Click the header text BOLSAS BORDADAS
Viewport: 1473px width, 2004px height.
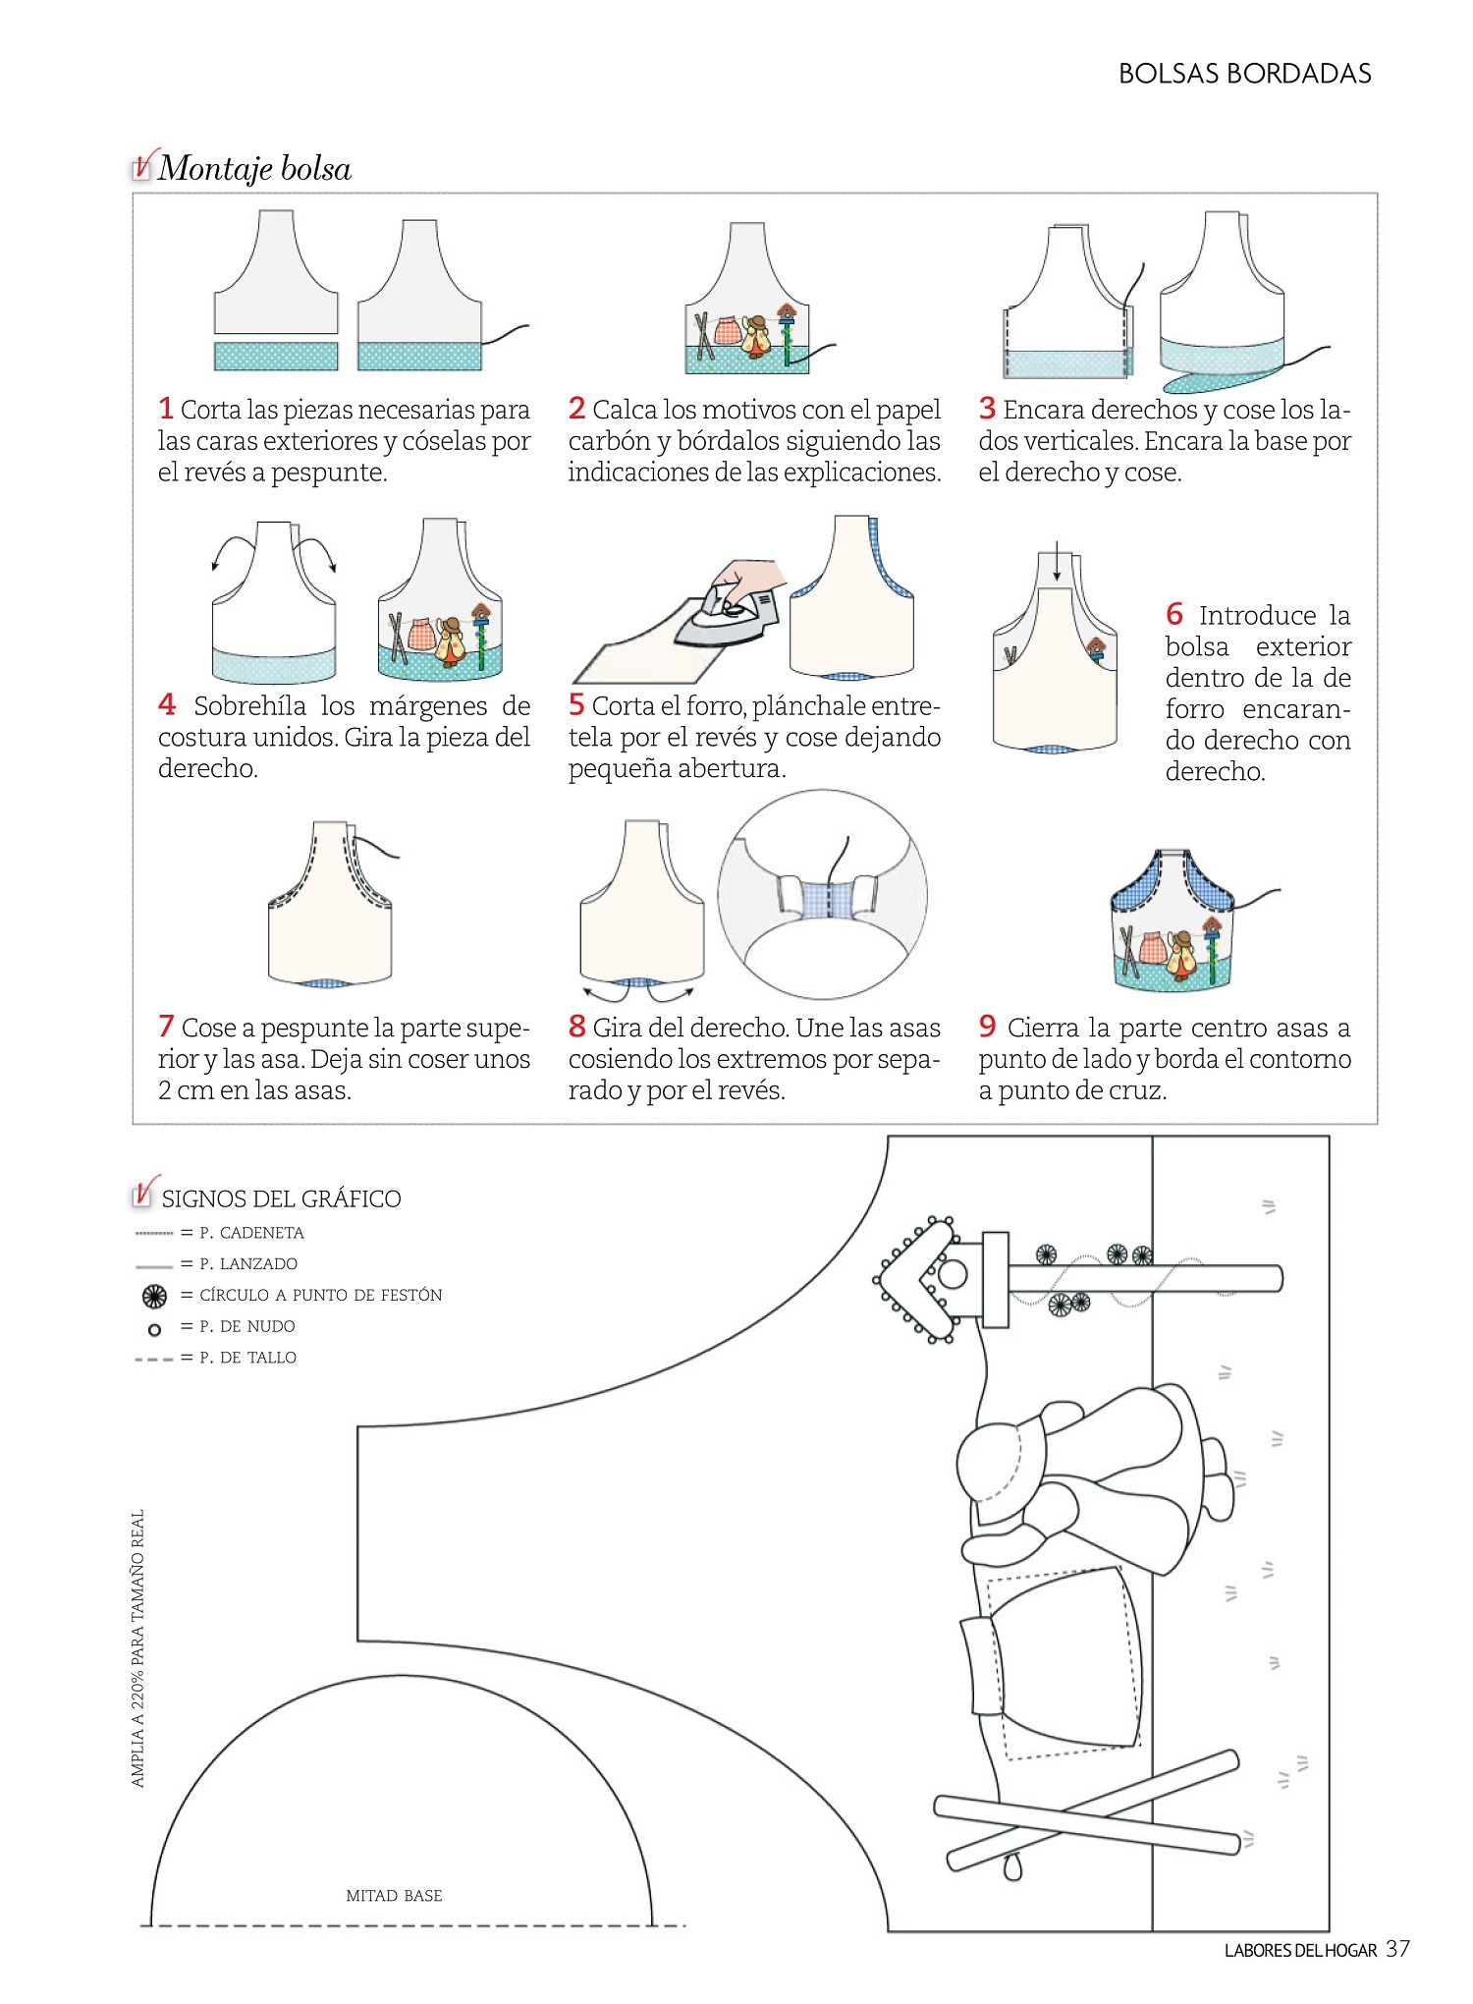point(1244,74)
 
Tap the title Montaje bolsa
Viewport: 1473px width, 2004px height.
point(254,169)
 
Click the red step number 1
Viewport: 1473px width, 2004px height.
point(166,408)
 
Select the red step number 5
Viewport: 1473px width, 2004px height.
point(576,704)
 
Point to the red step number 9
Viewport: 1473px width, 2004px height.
point(987,1027)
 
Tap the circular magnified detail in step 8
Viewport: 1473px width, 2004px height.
point(822,894)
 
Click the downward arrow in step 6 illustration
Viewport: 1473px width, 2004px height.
point(1056,561)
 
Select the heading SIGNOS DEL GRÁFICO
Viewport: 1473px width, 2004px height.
point(281,1198)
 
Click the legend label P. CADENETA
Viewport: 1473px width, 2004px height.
point(251,1233)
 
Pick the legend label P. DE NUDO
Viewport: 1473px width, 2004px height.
point(247,1326)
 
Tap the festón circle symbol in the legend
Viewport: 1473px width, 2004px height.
point(154,1297)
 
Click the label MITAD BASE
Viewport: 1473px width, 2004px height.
point(394,1896)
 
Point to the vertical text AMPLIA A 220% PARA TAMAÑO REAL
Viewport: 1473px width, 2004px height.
point(137,1648)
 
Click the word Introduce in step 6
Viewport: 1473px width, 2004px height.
point(1257,616)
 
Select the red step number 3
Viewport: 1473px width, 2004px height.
point(987,408)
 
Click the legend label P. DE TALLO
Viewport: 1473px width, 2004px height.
point(247,1358)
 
